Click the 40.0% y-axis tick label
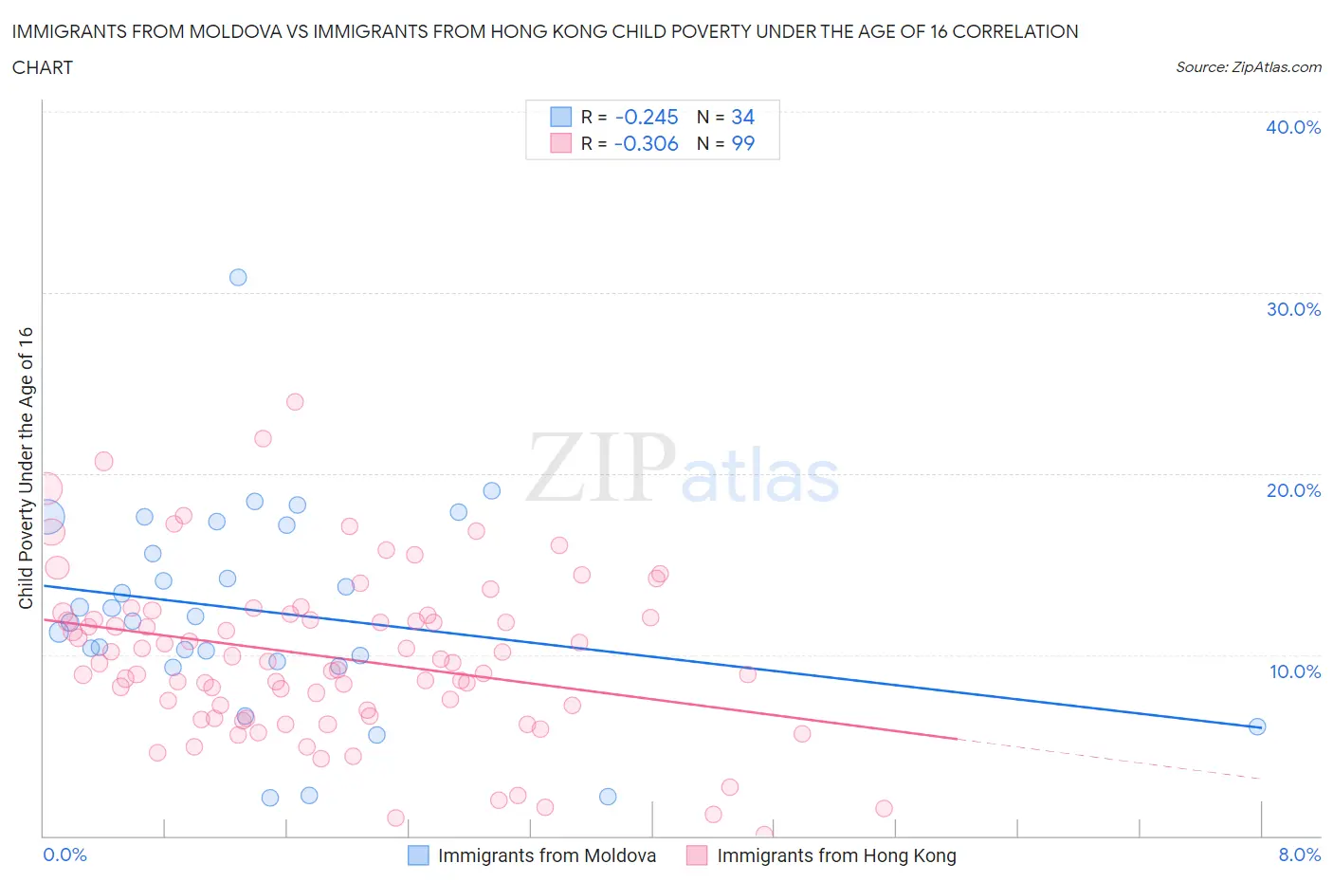point(1292,127)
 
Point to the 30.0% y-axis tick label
point(1292,309)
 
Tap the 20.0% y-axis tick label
point(1292,490)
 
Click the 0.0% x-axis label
point(64,854)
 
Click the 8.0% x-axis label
point(1299,854)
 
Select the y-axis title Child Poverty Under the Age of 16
point(26,468)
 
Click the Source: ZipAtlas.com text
point(1248,67)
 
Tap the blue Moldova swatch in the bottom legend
point(418,855)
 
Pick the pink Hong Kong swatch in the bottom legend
point(697,855)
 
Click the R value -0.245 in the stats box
point(647,117)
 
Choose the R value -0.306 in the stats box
point(647,143)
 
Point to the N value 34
point(742,117)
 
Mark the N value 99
point(742,143)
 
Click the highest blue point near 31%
point(238,277)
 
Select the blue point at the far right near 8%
point(1257,726)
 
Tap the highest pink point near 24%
point(295,401)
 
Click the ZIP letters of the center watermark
point(601,467)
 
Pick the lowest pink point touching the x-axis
point(764,834)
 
